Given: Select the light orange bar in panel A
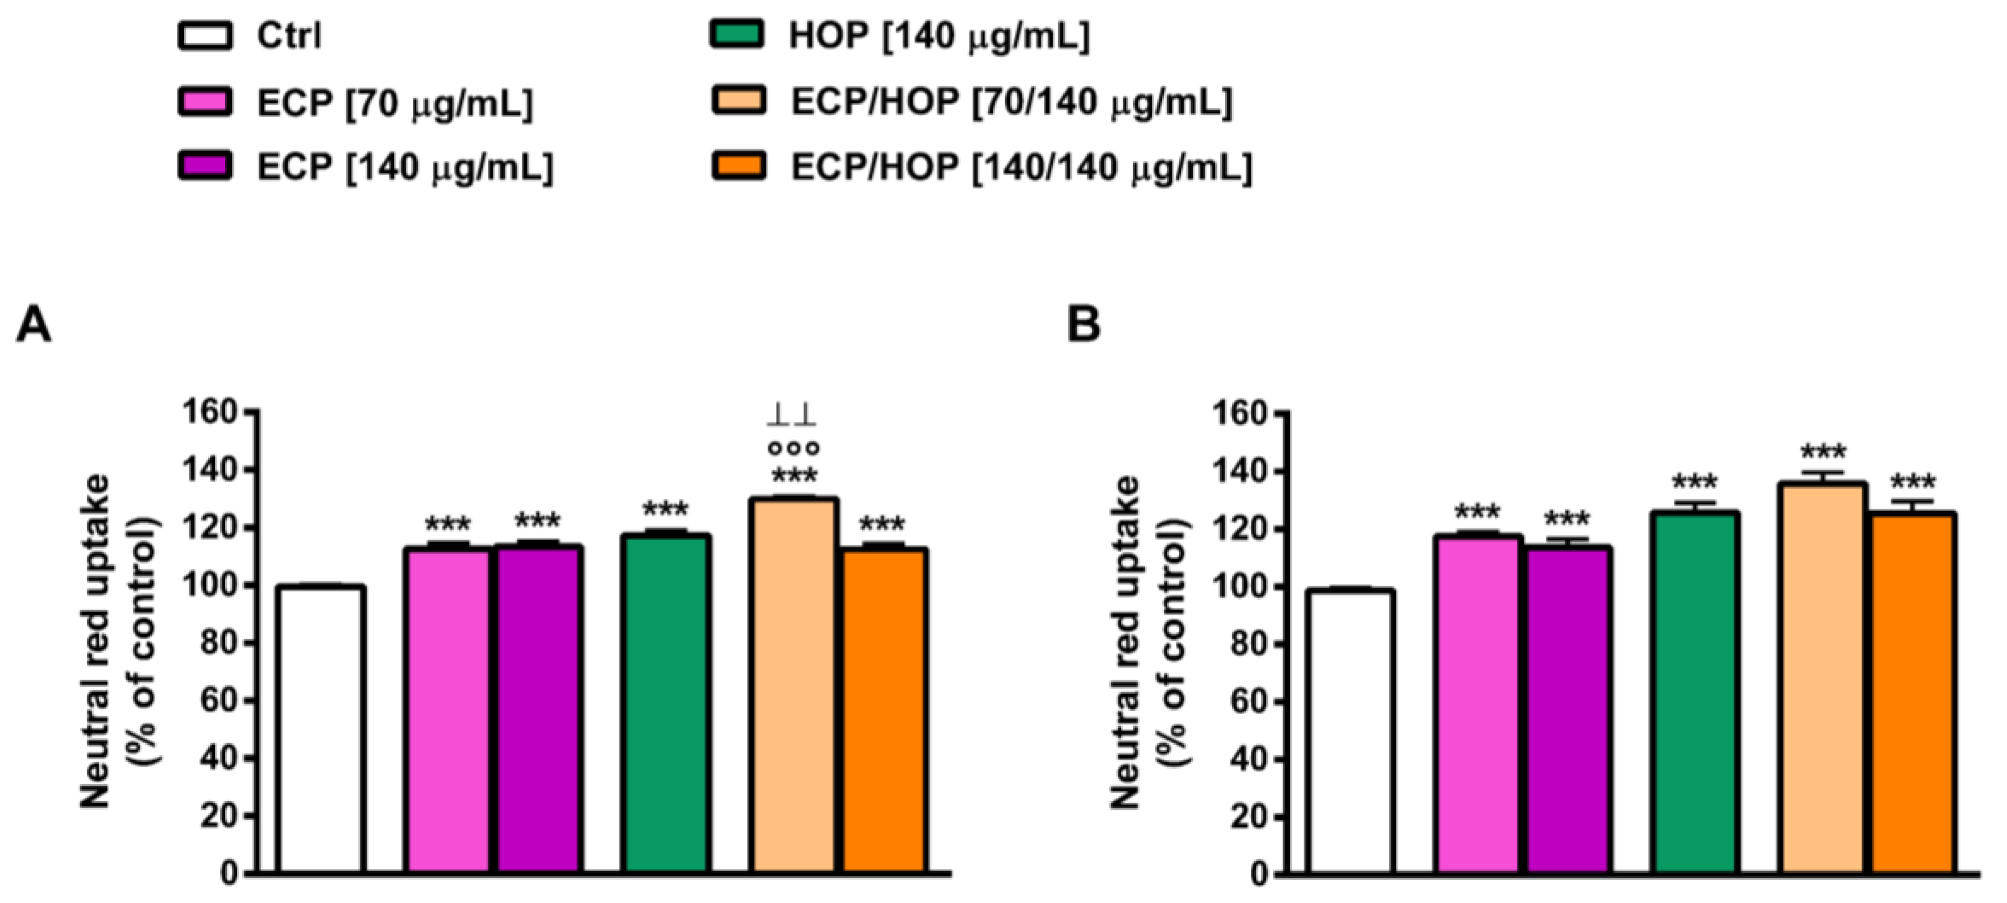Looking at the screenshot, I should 793,686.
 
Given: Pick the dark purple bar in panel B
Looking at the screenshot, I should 1568,709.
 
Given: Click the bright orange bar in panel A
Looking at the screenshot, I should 884,711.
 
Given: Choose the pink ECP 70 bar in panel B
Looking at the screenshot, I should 1477,703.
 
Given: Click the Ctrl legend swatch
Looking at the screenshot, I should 205,36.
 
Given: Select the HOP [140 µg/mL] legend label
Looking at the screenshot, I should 938,36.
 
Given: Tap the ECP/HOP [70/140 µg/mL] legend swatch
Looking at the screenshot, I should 738,101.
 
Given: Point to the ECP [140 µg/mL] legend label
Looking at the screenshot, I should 405,167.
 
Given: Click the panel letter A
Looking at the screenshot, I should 34,324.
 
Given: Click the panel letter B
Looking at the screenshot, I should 1083,324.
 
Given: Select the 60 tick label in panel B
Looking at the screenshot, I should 1247,701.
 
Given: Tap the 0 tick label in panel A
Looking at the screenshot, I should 229,873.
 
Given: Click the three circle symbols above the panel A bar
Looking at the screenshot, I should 793,448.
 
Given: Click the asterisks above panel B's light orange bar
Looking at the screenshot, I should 1822,452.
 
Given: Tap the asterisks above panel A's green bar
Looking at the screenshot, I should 665,510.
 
